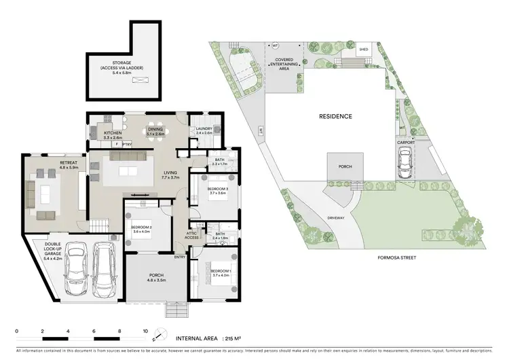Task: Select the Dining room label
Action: (155, 131)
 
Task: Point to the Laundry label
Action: (204, 130)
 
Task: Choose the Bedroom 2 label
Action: (141, 229)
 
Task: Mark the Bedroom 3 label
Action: (216, 190)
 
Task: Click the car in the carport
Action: (405, 164)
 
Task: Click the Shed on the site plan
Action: (364, 49)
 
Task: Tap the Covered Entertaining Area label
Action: (288, 64)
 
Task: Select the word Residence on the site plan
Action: (335, 116)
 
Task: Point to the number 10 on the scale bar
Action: (145, 332)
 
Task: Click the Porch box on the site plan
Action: (341, 167)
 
